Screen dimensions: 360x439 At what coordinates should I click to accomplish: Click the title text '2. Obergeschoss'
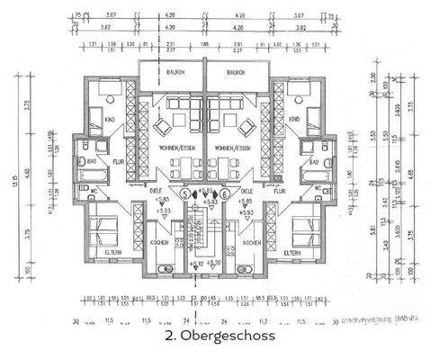coord(219,338)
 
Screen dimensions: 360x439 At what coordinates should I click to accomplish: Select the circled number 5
coord(185,192)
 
